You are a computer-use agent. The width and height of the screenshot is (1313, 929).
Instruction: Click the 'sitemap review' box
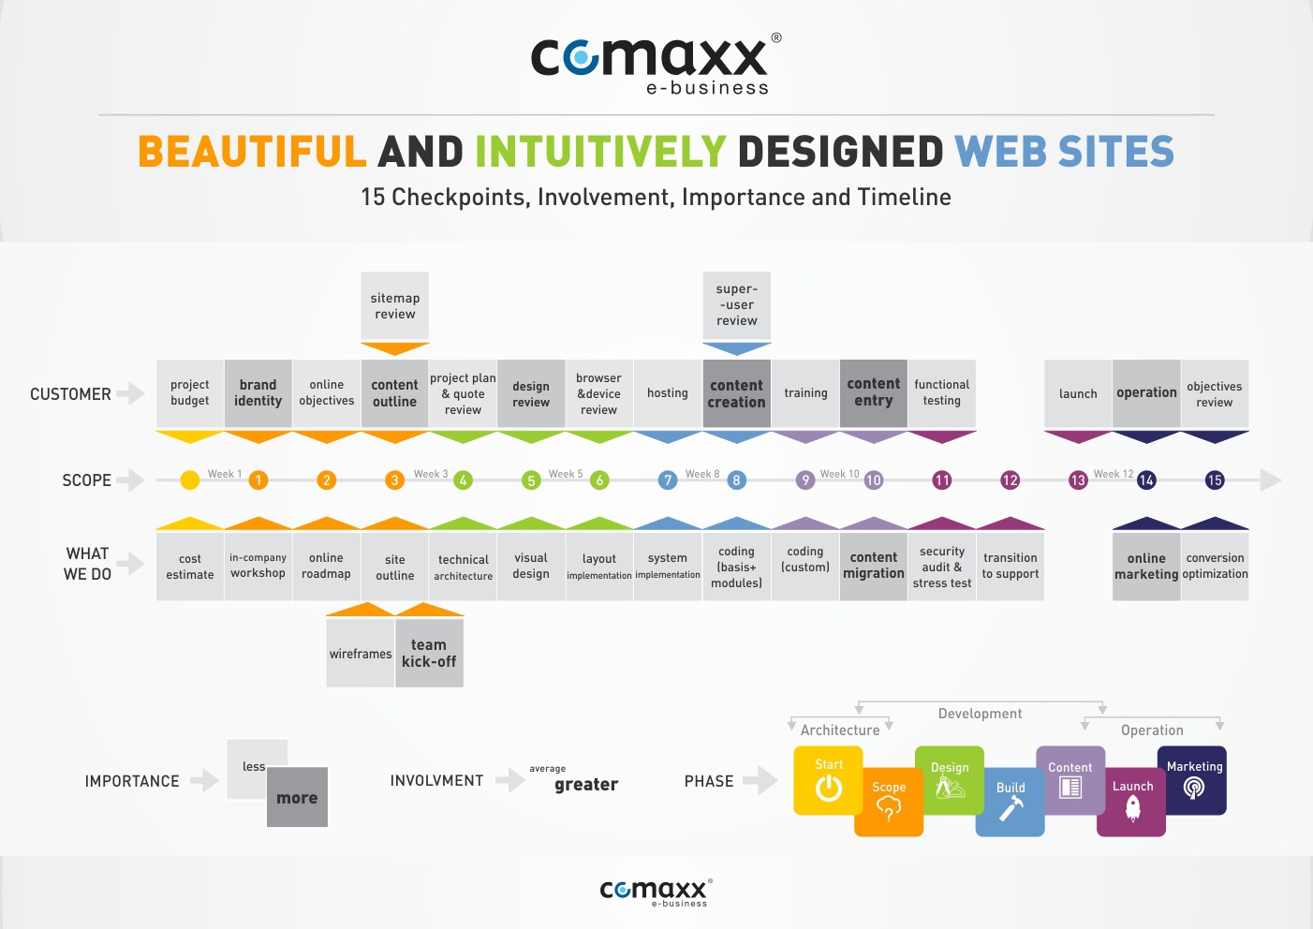point(394,305)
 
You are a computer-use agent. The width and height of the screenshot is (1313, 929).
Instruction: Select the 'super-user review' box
point(736,305)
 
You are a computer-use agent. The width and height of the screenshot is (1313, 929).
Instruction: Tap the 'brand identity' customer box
point(258,393)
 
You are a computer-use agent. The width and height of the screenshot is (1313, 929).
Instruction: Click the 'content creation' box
point(736,393)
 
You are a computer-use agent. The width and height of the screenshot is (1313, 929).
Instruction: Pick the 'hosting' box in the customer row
point(668,393)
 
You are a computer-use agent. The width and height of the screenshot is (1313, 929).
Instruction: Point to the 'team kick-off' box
point(429,653)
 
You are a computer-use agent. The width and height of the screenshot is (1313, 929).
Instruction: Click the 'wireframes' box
point(360,653)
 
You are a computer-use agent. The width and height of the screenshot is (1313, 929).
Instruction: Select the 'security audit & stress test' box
point(941,567)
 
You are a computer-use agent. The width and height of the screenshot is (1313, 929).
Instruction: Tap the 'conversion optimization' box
point(1215,567)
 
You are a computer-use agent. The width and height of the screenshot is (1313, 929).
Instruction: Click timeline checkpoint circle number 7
point(668,480)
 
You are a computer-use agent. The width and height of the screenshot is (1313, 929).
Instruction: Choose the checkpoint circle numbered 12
point(1010,480)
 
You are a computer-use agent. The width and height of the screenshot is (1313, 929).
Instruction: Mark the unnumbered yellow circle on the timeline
point(189,480)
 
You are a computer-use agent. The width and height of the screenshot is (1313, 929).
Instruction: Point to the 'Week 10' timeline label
point(839,474)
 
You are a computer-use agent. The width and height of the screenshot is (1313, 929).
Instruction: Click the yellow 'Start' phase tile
point(828,780)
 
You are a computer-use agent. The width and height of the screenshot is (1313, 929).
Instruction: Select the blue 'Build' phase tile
point(1010,802)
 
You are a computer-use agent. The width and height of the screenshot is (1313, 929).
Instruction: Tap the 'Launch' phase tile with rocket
point(1131,802)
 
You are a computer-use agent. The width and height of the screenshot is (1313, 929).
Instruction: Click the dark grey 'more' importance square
point(297,797)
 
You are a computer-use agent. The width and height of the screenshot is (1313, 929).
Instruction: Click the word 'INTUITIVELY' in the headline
point(601,151)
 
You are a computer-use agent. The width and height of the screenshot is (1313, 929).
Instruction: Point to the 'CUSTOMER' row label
point(70,394)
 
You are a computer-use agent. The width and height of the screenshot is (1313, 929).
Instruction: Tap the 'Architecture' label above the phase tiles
point(840,730)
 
